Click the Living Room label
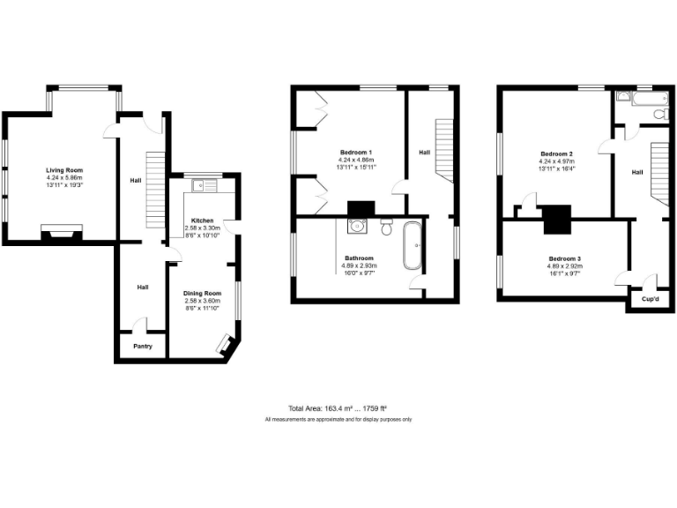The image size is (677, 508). (x=64, y=169)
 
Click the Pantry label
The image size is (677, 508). (x=143, y=347)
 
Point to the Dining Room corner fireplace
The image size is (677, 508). (x=227, y=345)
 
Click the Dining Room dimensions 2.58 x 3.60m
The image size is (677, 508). (x=202, y=301)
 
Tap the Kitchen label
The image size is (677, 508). (x=202, y=220)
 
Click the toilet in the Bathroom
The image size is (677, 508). (x=386, y=229)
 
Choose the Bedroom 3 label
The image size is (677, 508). (x=564, y=258)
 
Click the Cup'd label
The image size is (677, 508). (x=648, y=299)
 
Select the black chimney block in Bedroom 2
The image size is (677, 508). (x=557, y=219)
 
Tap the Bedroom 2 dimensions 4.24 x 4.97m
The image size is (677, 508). (x=557, y=162)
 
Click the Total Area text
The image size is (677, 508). (x=338, y=408)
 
